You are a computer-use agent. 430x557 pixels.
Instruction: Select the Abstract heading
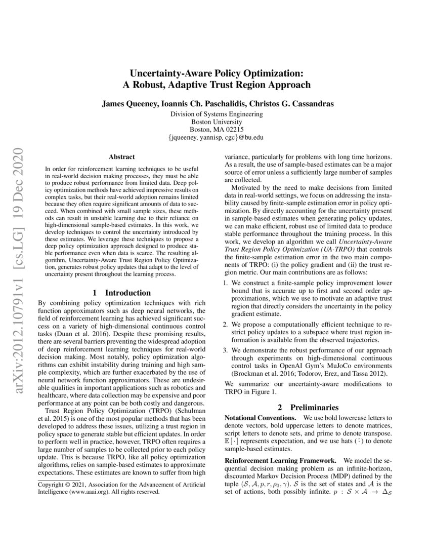coord(121,157)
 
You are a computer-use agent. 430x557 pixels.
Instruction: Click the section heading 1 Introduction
coord(122,293)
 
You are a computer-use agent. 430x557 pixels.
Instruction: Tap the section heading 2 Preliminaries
coord(308,407)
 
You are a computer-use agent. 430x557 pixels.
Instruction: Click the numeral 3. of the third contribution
coord(227,349)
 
